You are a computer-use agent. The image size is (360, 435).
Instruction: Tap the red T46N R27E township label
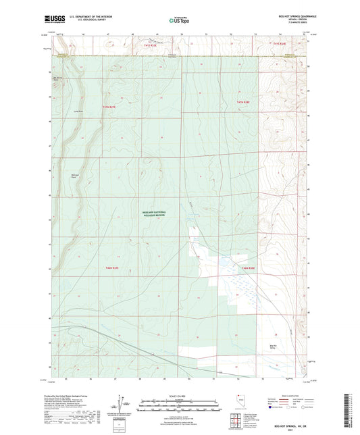point(112,268)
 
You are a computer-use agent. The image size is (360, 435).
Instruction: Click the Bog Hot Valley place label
point(274,347)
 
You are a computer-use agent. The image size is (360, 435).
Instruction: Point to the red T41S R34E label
point(280,44)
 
